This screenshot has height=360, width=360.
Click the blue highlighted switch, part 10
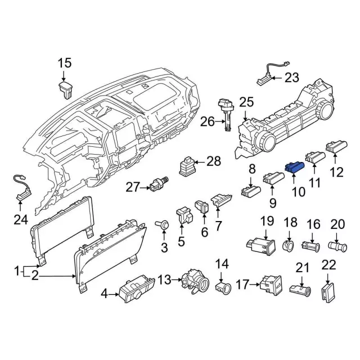[295, 166]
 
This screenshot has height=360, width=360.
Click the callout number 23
[292, 78]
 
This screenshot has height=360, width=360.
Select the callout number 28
[214, 162]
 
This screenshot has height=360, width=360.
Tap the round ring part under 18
[289, 245]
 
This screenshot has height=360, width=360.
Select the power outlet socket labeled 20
[338, 246]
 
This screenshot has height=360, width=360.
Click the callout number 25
[246, 102]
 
